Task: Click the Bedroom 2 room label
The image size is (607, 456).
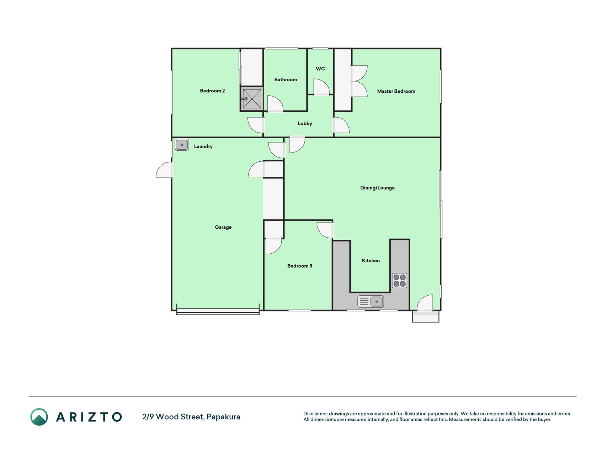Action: (x=212, y=91)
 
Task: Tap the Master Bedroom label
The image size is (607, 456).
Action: (x=396, y=91)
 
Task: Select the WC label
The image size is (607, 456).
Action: (x=320, y=69)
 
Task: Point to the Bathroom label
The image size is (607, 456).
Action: (x=286, y=79)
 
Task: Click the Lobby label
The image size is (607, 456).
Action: (x=305, y=124)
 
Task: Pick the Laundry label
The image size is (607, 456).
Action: (x=203, y=146)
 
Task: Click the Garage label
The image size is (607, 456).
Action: (x=223, y=227)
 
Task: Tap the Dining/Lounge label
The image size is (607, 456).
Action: (x=377, y=188)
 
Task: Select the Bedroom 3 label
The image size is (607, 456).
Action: (x=300, y=266)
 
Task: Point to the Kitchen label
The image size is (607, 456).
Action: (x=371, y=260)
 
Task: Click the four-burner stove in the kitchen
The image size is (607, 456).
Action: (x=400, y=280)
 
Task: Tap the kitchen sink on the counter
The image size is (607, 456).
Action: (x=371, y=301)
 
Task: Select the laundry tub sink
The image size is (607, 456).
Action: (x=182, y=145)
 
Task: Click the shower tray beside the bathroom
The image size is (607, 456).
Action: (x=252, y=99)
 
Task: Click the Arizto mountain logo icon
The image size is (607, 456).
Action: (x=39, y=417)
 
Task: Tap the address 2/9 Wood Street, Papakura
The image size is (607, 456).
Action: (x=191, y=417)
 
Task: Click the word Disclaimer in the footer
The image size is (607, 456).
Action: (x=315, y=414)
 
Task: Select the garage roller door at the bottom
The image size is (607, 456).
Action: (x=218, y=311)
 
